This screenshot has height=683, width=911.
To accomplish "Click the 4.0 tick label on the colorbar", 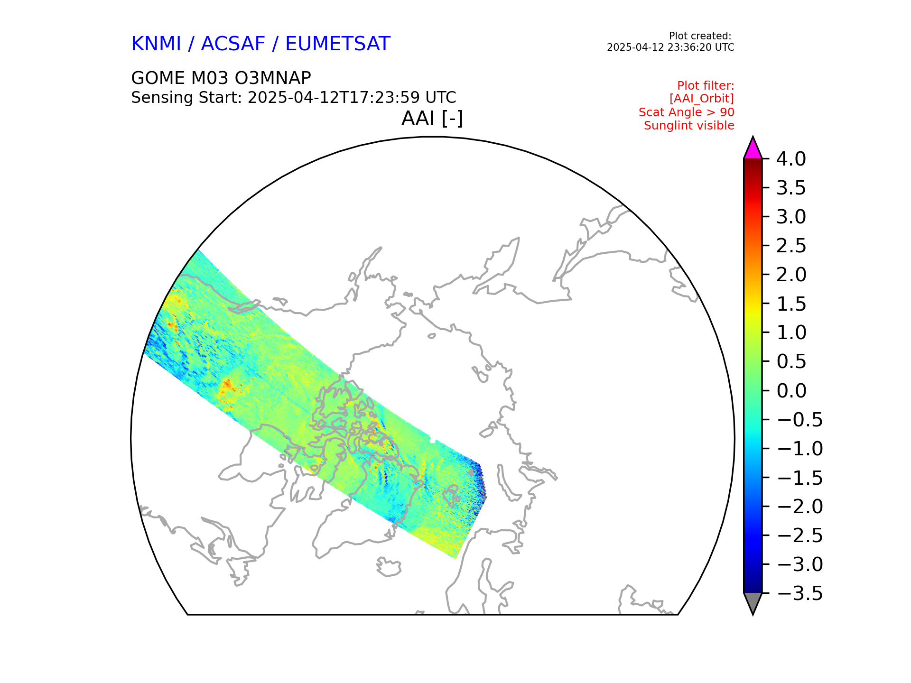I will (x=790, y=159).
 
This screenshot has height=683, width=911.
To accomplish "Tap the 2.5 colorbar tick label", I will (x=791, y=246).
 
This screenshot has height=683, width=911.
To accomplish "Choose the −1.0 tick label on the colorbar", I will (x=799, y=449).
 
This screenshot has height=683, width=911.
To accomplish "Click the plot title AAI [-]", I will (x=432, y=118).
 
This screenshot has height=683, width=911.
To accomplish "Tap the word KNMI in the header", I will (x=156, y=44).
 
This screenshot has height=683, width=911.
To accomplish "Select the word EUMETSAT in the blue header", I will (x=337, y=44).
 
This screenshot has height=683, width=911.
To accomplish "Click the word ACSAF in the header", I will (x=233, y=44).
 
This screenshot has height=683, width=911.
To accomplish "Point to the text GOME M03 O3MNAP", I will (x=221, y=78).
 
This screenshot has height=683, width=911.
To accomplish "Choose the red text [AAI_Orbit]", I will (x=701, y=99).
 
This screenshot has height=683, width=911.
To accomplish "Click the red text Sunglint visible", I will (x=688, y=126).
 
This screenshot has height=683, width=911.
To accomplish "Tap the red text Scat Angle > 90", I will (x=686, y=112).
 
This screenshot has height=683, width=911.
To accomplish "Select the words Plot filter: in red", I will (x=705, y=86).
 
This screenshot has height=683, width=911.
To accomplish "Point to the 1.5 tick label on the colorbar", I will (x=791, y=304).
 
